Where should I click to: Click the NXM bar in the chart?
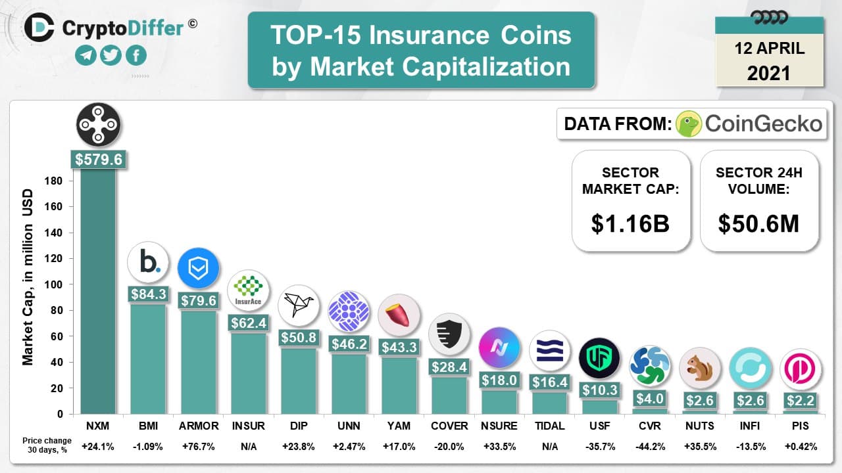pos(98,289)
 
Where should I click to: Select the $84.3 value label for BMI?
pos(148,294)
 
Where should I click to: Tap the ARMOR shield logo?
pos(198,268)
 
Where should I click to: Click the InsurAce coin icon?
pos(248,290)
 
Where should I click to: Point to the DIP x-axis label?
pos(298,426)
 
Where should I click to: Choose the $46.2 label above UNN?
pos(349,344)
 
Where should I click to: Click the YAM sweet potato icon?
pos(399,315)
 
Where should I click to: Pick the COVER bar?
pos(449,394)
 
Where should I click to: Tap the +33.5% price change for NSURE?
pos(499,447)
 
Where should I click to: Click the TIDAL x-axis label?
pos(549,426)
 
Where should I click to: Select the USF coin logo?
pos(599,358)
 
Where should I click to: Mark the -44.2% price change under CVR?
pos(650,447)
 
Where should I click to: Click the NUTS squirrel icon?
pos(700,368)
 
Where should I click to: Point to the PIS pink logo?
pos(801,369)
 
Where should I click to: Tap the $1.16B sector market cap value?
pos(630,223)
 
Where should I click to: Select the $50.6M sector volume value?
pos(758,223)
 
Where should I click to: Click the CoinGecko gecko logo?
pos(688,124)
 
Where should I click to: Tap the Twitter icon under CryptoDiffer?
pos(111,55)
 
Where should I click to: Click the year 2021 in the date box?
pos(768,72)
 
